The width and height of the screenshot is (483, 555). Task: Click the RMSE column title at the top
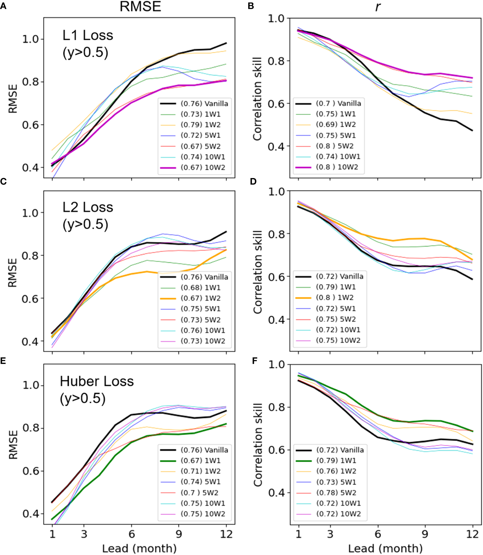(140, 6)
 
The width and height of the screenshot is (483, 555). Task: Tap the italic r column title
(378, 7)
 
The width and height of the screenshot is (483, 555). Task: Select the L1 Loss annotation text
(87, 35)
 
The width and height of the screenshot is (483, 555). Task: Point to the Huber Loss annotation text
(97, 381)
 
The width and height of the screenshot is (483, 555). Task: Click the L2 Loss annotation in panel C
(87, 207)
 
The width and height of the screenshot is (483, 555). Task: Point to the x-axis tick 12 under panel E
(226, 534)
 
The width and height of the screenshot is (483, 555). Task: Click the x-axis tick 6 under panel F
(378, 534)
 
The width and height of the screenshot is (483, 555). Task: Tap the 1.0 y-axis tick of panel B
(276, 18)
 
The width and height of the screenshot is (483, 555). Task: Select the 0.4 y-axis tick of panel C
(30, 341)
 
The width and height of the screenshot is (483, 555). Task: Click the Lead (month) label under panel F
(385, 548)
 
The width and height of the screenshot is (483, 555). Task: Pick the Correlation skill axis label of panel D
(258, 272)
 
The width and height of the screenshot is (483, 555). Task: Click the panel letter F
(255, 361)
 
